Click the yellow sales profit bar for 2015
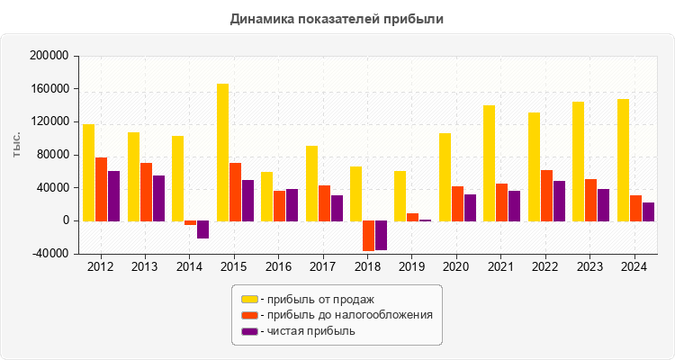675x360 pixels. click(222, 152)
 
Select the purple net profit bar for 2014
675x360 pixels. click(202, 229)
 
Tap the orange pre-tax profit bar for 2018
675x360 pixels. click(368, 236)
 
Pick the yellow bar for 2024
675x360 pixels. click(623, 159)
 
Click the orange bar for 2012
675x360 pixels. click(102, 189)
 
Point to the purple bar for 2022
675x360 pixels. click(559, 201)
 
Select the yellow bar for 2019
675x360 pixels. click(400, 195)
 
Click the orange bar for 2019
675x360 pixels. click(412, 217)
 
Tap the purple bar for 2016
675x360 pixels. click(292, 204)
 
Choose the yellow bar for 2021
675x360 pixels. click(489, 163)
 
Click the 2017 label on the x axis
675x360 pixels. click(323, 267)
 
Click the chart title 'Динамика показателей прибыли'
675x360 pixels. click(337, 18)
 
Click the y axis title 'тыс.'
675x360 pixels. click(17, 144)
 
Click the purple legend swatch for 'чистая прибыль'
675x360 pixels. click(249, 331)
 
